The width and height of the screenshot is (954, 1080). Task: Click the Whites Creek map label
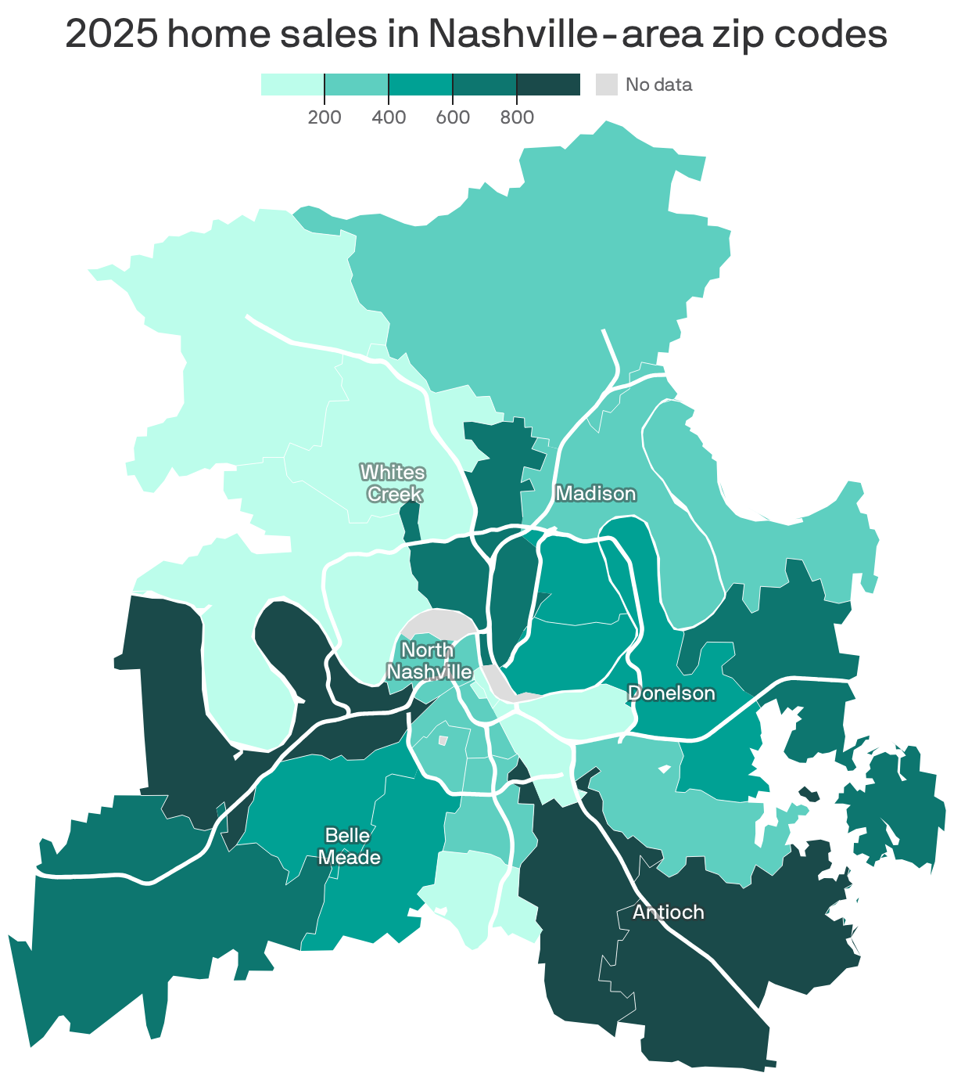pos(393,483)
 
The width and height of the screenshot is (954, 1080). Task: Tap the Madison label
pos(595,493)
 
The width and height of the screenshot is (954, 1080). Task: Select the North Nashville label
pos(429,661)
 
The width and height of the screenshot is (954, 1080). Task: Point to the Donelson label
pos(671,693)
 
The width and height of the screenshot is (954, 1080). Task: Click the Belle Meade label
pos(349,847)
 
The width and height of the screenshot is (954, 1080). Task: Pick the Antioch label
pos(668,913)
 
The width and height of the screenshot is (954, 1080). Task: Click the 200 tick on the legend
pos(325,118)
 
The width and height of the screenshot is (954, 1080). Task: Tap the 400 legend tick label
pos(389,118)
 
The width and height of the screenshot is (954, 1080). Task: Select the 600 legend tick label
pos(453,118)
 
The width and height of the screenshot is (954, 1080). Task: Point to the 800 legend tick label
pos(517,118)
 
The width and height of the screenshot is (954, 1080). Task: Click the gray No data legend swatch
pos(607,85)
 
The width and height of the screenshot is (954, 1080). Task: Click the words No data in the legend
pos(658,85)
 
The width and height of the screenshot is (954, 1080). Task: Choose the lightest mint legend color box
pos(292,85)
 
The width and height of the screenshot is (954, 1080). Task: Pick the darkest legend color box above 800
pos(548,85)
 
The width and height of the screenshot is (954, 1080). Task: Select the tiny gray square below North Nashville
pos(443,740)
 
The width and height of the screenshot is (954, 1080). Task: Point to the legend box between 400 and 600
pos(421,85)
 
